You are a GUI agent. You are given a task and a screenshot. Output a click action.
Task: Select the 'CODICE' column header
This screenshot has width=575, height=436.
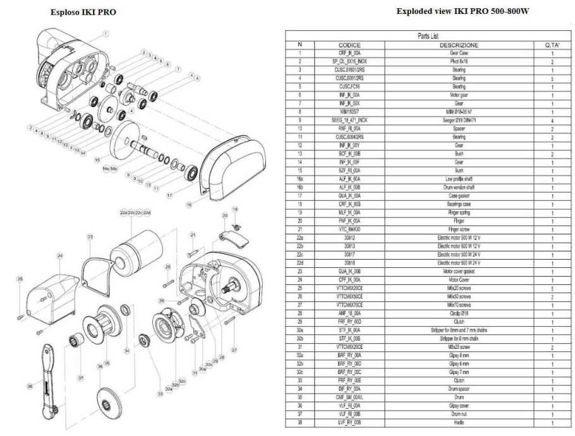point(349,45)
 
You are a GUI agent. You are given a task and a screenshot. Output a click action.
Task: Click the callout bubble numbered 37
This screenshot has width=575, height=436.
point(80,378)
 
